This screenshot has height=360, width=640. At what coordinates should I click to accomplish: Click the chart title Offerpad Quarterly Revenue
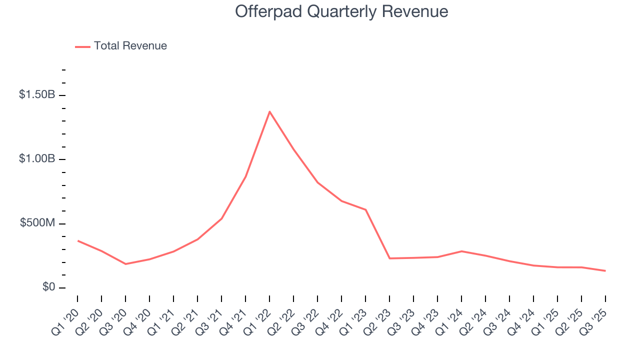[341, 11]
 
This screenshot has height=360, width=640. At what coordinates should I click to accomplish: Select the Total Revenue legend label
[130, 46]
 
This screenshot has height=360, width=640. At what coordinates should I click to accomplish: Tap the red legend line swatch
[82, 46]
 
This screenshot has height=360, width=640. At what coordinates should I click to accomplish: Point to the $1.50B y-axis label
[37, 94]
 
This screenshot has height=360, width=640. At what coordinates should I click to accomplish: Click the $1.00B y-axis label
[37, 159]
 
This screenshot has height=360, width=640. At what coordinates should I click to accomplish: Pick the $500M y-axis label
[38, 223]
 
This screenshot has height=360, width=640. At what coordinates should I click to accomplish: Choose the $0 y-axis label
[49, 287]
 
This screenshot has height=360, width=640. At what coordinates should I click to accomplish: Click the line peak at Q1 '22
[269, 111]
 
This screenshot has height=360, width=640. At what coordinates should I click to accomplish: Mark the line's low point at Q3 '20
[125, 264]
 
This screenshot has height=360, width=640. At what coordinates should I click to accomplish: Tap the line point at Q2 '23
[389, 258]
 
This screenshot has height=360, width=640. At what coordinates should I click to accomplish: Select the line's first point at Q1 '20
[78, 241]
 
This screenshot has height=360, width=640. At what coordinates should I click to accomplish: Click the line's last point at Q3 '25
[605, 271]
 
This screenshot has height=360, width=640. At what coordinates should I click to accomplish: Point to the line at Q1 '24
[461, 251]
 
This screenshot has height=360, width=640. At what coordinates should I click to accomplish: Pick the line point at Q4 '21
[245, 176]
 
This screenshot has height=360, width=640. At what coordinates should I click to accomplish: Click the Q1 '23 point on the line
[365, 209]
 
